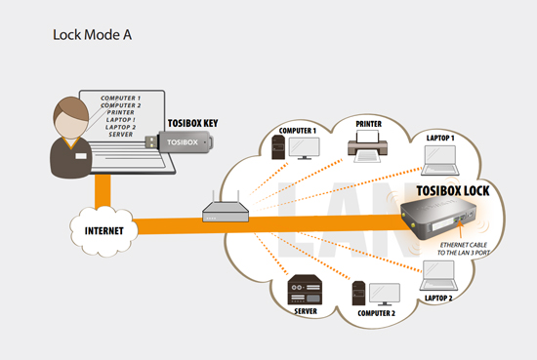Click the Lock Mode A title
pos(92,34)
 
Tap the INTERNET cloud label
pos(104,231)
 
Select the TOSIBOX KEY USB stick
pos(179,142)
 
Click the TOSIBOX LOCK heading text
pos(453,191)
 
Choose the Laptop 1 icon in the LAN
pos(440,160)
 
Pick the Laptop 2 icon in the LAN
pos(438,275)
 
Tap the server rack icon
pos(305,290)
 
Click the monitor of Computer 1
pos(304,148)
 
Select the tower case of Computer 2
pos(358,294)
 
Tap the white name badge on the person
pos(81,156)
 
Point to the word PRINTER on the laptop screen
pos(120,112)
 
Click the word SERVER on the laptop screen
pos(120,135)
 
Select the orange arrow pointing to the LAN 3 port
pos(460,229)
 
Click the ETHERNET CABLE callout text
pos(464,245)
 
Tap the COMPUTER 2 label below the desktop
pos(376,313)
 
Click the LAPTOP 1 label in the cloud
pos(440,138)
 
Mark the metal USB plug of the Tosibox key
pos(151,142)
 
